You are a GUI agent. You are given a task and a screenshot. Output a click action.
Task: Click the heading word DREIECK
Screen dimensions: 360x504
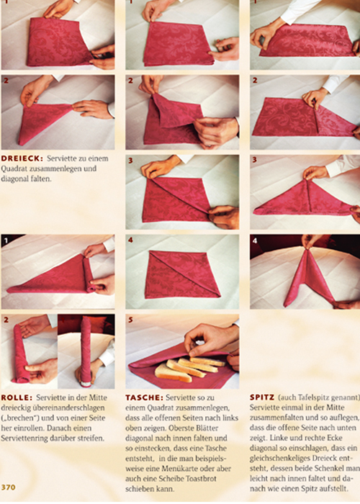pos(22,158)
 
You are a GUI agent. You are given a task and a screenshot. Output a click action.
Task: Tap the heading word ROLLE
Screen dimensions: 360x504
pos(17,398)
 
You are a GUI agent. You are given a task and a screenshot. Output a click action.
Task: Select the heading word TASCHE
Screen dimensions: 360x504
pos(144,398)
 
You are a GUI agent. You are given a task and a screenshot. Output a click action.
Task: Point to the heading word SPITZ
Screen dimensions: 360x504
pos(262,397)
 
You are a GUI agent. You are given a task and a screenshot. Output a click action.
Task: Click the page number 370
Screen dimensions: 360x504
pos(8,487)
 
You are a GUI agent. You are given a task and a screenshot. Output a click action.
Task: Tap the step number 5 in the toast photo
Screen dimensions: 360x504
pos(130,320)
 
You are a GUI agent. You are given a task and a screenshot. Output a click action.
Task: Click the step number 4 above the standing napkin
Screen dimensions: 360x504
pos(255,240)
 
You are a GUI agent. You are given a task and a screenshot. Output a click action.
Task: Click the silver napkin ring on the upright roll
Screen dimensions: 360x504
pos(86,384)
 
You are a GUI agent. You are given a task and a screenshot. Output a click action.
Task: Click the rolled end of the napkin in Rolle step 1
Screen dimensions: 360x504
pos(89,273)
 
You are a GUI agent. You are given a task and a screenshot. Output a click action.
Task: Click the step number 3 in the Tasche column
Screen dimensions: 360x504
pos(130,161)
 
